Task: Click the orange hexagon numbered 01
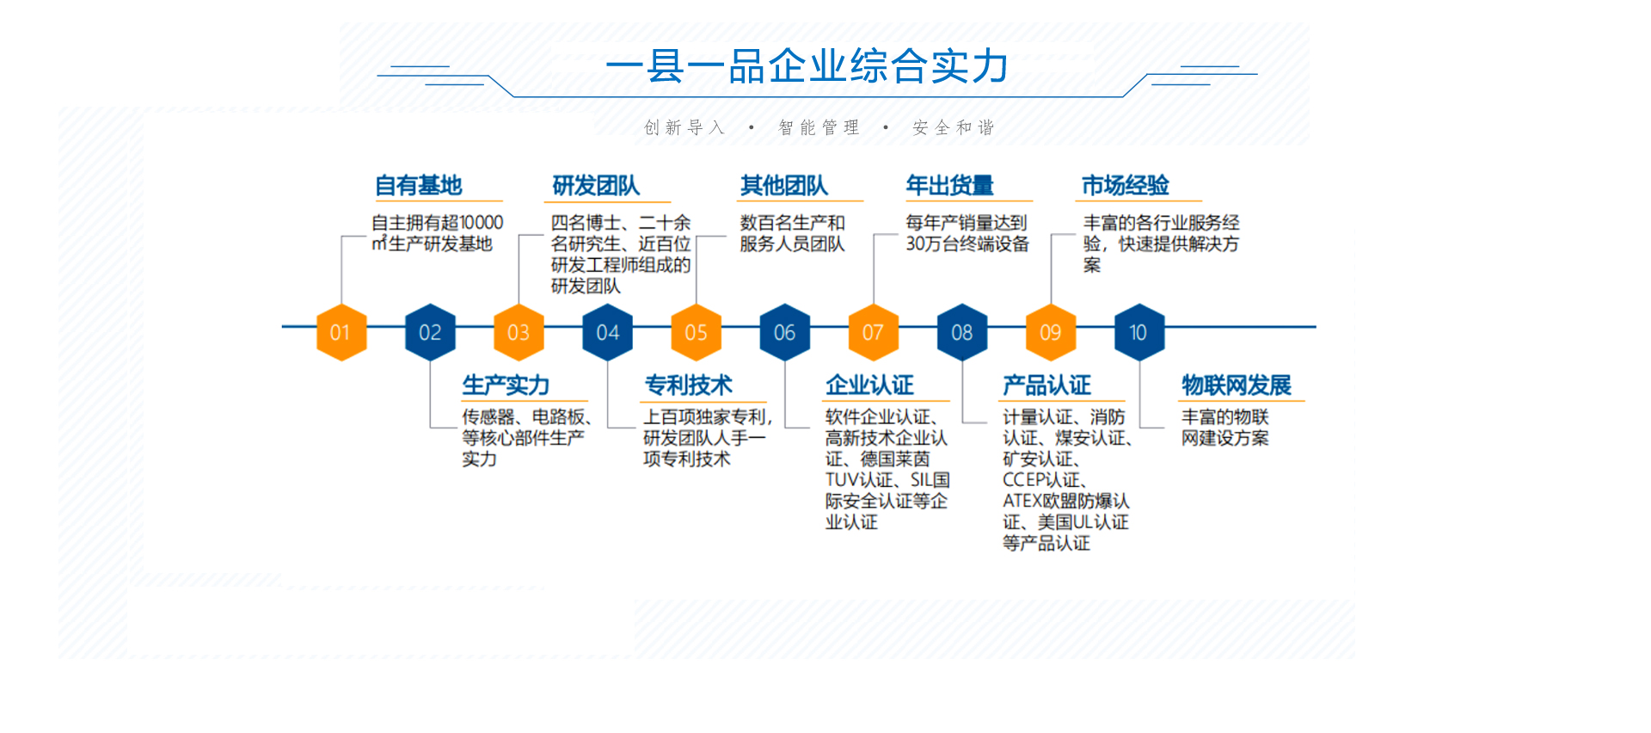click(341, 332)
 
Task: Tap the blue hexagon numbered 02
click(430, 332)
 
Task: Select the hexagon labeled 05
click(696, 332)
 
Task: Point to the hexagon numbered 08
click(962, 332)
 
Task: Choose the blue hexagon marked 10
click(1139, 332)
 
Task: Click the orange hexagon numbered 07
click(874, 332)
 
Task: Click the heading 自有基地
click(419, 185)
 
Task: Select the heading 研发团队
click(596, 185)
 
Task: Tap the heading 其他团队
click(784, 185)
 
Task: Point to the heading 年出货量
click(950, 185)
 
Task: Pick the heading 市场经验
click(1126, 185)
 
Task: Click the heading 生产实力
click(506, 385)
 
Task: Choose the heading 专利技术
click(689, 385)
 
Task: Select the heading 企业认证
click(869, 385)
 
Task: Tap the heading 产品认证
click(1046, 385)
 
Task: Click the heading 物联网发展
click(1237, 385)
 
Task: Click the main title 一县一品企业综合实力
click(807, 66)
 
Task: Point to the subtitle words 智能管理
click(819, 127)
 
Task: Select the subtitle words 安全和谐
click(954, 127)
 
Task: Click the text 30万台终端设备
click(967, 243)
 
